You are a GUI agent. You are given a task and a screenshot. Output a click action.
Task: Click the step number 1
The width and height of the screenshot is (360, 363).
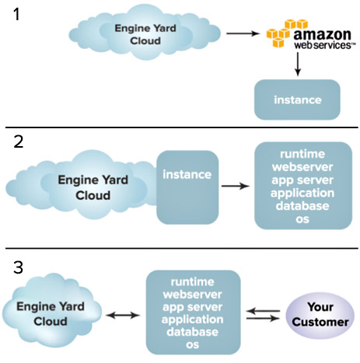(x=16, y=14)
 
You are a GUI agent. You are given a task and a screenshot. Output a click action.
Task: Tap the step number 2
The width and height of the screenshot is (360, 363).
(x=18, y=141)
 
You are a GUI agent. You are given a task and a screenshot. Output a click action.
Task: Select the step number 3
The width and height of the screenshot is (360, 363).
(x=18, y=267)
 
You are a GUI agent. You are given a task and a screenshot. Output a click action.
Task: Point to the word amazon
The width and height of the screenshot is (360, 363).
(x=322, y=34)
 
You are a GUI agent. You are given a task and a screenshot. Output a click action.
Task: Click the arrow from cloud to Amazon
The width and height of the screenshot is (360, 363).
(x=243, y=33)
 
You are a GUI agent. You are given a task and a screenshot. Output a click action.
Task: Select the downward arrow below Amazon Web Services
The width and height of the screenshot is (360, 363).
(x=298, y=64)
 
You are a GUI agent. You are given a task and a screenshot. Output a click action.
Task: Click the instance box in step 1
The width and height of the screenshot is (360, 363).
(x=297, y=99)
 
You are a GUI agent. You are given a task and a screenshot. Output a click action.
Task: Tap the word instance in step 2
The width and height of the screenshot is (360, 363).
(x=187, y=174)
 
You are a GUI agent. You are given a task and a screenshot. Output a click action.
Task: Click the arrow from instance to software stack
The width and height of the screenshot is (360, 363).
(x=236, y=186)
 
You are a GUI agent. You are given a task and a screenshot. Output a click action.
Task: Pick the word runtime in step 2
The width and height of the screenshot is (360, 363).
(x=302, y=154)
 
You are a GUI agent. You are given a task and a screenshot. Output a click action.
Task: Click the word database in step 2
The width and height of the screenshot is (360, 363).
(x=302, y=206)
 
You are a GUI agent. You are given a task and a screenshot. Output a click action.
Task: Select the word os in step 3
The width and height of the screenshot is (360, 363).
(x=192, y=345)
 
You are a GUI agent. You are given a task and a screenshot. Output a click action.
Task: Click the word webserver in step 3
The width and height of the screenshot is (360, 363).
(x=192, y=295)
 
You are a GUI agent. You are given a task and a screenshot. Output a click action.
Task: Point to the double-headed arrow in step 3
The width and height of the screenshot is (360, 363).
(x=123, y=315)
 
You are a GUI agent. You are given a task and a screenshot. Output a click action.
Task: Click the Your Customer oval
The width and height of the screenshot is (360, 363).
(x=320, y=315)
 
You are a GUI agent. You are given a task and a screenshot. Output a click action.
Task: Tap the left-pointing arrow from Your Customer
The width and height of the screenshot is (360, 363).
(x=263, y=311)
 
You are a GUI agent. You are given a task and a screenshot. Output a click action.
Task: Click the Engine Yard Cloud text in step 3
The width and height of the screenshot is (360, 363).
(x=51, y=314)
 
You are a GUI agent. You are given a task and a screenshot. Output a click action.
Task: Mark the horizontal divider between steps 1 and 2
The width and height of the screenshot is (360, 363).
(x=182, y=127)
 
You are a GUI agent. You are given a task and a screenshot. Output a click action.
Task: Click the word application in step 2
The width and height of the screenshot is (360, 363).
(x=302, y=193)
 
